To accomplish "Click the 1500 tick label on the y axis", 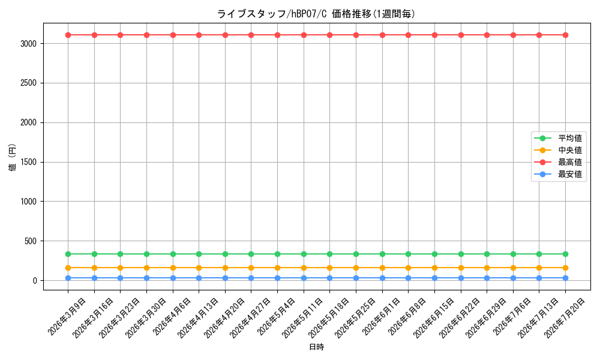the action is point(29,162).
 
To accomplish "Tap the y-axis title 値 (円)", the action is point(13,157).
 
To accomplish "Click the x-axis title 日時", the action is point(316,347).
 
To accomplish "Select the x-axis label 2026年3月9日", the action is point(67,316).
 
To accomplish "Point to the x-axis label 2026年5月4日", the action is point(276,316).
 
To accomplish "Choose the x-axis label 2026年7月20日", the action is point(564,318).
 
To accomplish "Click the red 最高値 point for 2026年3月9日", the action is point(68,35).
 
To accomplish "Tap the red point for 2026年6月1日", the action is point(382,35).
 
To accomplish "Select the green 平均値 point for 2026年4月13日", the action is point(199,254).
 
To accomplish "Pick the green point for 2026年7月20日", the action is point(565,254).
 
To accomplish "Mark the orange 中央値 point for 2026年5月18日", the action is point(330,268).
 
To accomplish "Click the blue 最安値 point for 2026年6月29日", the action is point(487,278).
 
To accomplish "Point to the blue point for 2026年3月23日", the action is point(120,278).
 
